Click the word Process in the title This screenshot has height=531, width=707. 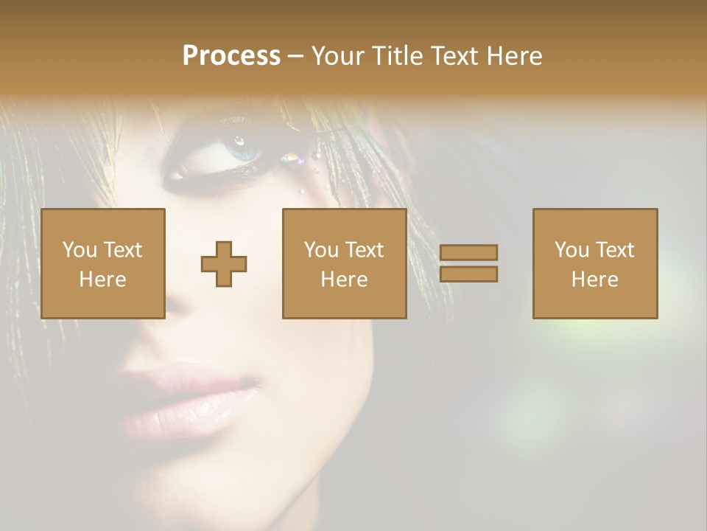[231, 56]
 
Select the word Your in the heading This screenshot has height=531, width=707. [336, 56]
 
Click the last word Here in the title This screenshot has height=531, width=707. [513, 56]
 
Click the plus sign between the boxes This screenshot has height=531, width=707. [224, 263]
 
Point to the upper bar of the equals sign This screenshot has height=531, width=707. [468, 252]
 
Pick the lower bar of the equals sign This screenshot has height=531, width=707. [468, 274]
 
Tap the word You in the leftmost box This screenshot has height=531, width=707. [79, 250]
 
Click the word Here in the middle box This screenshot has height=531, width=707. [344, 280]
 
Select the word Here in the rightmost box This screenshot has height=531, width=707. [594, 280]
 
